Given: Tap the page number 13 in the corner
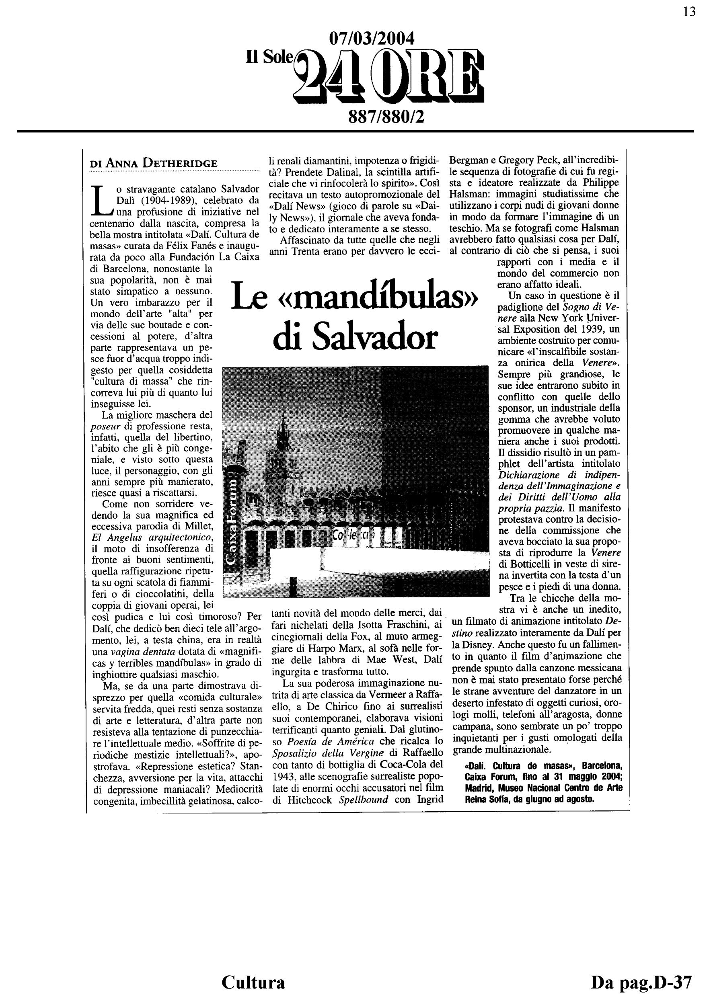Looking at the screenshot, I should (x=689, y=12).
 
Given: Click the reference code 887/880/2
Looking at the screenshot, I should (x=386, y=117).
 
